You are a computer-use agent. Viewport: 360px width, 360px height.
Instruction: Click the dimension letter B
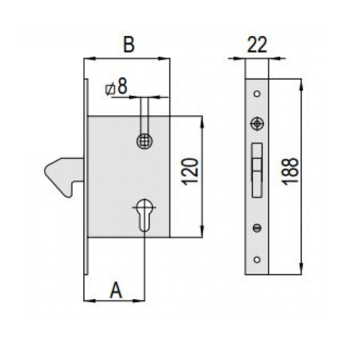pos(129,44)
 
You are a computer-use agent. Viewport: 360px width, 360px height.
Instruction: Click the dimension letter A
pos(116,290)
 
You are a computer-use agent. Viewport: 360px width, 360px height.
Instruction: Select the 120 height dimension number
pos(190,171)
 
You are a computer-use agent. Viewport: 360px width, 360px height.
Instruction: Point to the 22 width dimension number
pos(257,45)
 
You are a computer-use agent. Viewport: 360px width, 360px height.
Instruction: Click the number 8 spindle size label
pos(122,86)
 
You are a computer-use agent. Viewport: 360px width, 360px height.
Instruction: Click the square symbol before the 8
pos(110,90)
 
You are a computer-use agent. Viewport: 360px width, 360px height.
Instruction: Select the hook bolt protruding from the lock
pos(63,176)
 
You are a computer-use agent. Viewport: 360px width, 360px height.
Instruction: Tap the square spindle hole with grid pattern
pos(145,141)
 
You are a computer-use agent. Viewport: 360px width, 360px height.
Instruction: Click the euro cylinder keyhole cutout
pos(145,215)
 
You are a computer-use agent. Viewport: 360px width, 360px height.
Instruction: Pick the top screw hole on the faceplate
pos(257,94)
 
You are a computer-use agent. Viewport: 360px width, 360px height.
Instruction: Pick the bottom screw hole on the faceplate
pos(257,260)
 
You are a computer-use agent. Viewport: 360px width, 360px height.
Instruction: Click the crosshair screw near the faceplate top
pos(257,124)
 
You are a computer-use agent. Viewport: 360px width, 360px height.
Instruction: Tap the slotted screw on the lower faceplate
pos(257,228)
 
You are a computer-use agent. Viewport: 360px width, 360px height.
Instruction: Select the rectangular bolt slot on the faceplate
pos(257,170)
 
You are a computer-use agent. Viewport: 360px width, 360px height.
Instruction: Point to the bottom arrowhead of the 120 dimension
pos(202,232)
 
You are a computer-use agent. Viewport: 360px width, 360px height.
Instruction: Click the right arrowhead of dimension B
pos(164,58)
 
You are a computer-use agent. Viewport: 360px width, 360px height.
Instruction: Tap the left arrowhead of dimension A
pos(90,300)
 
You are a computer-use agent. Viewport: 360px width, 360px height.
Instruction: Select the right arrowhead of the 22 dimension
pos(275,58)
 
